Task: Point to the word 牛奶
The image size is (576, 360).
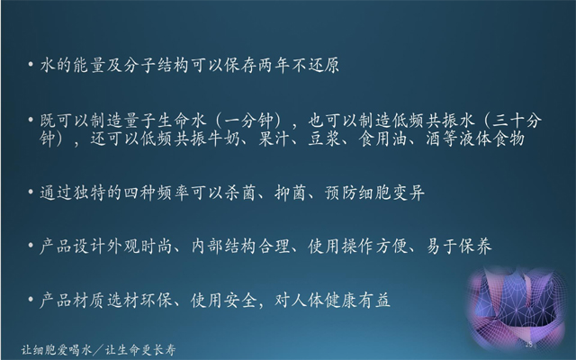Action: click(x=224, y=139)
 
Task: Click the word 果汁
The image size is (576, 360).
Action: click(x=274, y=139)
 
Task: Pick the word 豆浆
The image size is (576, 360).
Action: click(x=324, y=139)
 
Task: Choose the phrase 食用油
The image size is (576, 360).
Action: click(x=382, y=139)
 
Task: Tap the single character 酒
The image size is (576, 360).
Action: click(x=434, y=139)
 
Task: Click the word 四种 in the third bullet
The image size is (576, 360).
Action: click(x=139, y=193)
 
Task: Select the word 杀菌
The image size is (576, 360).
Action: click(x=240, y=193)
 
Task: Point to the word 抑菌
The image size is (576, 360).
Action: click(x=291, y=193)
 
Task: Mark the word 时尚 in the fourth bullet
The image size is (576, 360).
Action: click(x=157, y=247)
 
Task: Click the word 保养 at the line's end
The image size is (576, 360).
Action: click(x=476, y=247)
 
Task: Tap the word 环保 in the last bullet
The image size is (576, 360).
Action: click(x=157, y=301)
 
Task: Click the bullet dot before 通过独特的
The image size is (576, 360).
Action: click(x=31, y=192)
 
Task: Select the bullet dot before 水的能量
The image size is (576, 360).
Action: click(x=31, y=65)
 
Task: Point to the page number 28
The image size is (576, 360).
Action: click(x=529, y=344)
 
